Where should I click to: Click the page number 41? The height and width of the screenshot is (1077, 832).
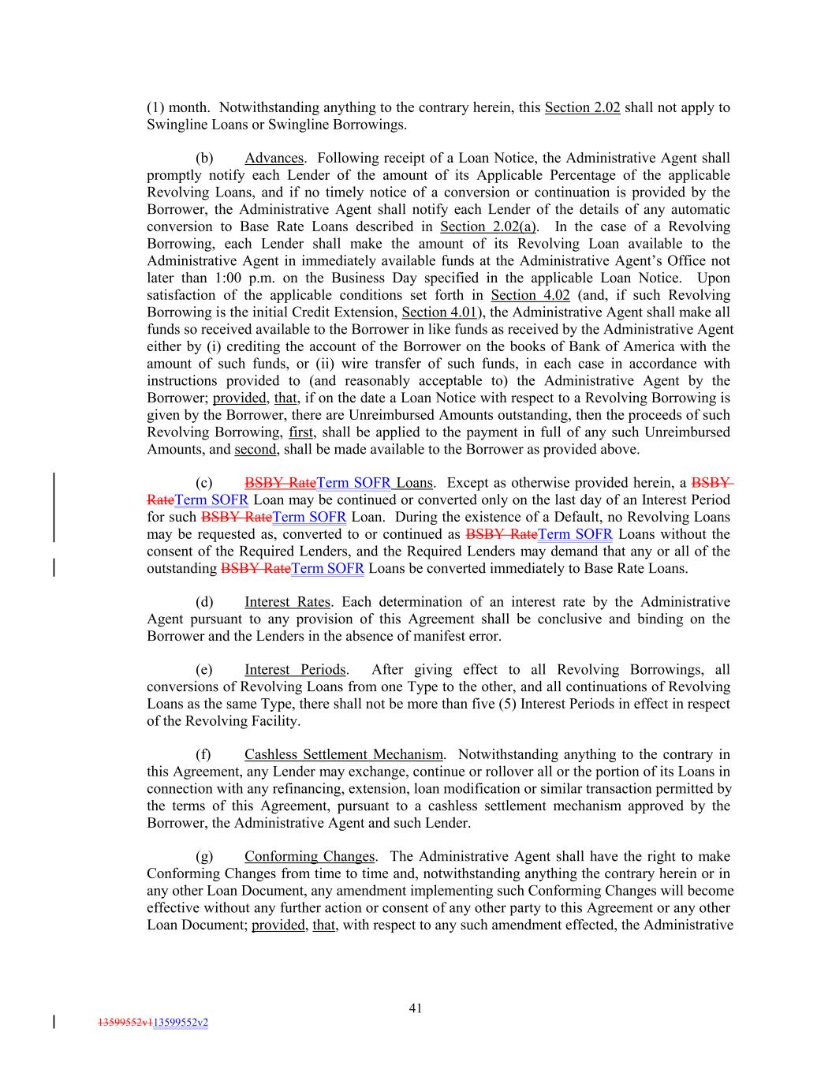pyautogui.click(x=416, y=1008)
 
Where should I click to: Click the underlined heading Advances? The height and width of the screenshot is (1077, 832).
pyautogui.click(x=274, y=159)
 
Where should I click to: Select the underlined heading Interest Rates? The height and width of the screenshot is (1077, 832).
pyautogui.click(x=287, y=602)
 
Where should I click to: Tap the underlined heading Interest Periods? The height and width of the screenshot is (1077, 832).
pyautogui.click(x=295, y=670)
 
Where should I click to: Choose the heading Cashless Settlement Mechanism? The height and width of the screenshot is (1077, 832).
pyautogui.click(x=343, y=754)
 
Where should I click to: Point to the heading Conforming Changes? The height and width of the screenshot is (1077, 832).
pyautogui.click(x=309, y=857)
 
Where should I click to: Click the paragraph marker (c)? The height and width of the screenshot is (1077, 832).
pyautogui.click(x=203, y=483)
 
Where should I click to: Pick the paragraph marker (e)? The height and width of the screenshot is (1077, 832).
pyautogui.click(x=203, y=670)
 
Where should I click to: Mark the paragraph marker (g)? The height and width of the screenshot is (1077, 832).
pyautogui.click(x=203, y=857)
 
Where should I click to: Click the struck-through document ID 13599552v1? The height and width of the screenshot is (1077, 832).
pyautogui.click(x=124, y=1023)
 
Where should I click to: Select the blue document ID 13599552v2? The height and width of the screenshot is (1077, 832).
pyautogui.click(x=181, y=1023)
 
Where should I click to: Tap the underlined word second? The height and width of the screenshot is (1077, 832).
pyautogui.click(x=255, y=450)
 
